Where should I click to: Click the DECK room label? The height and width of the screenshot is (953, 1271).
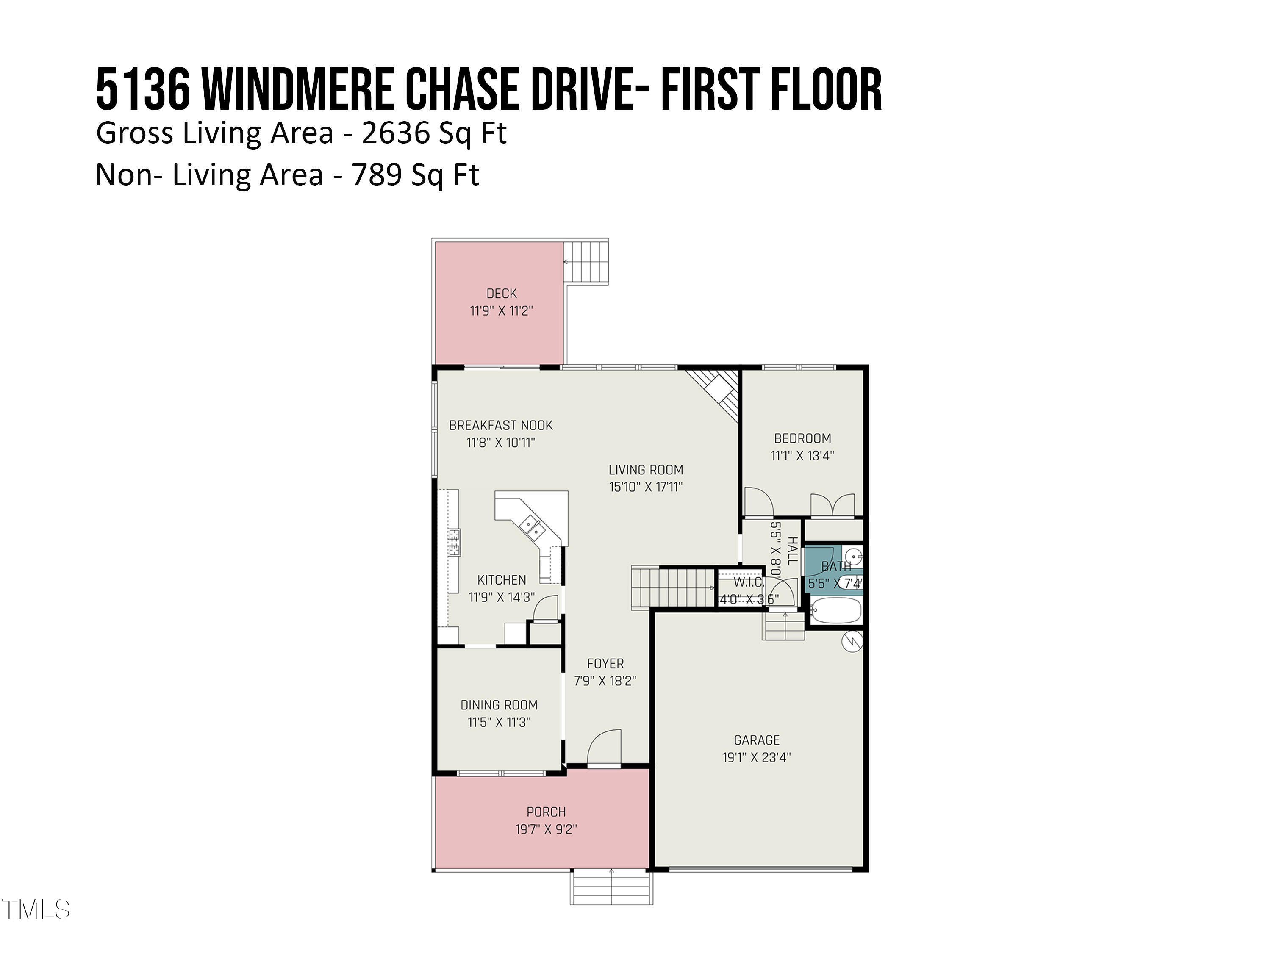click(x=501, y=294)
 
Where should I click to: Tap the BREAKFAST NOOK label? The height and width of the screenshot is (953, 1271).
click(x=500, y=426)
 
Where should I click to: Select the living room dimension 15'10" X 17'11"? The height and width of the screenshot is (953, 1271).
click(x=645, y=487)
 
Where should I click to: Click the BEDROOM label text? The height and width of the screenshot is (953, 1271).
click(x=802, y=439)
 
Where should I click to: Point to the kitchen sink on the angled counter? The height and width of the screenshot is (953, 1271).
click(x=532, y=527)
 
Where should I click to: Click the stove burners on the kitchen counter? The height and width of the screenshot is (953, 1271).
click(x=454, y=543)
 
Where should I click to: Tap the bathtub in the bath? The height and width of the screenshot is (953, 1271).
click(x=836, y=611)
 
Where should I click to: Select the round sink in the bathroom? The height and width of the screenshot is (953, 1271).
click(x=855, y=556)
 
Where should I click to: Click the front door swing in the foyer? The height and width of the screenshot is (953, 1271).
click(x=605, y=748)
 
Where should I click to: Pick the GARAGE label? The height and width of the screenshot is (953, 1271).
click(x=756, y=740)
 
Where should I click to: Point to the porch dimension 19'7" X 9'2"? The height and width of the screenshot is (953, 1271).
click(x=546, y=829)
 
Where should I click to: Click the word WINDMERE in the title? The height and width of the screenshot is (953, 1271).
click(x=298, y=90)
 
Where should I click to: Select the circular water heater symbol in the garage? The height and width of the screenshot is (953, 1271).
click(x=852, y=642)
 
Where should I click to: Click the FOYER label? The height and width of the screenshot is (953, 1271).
click(x=605, y=664)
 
